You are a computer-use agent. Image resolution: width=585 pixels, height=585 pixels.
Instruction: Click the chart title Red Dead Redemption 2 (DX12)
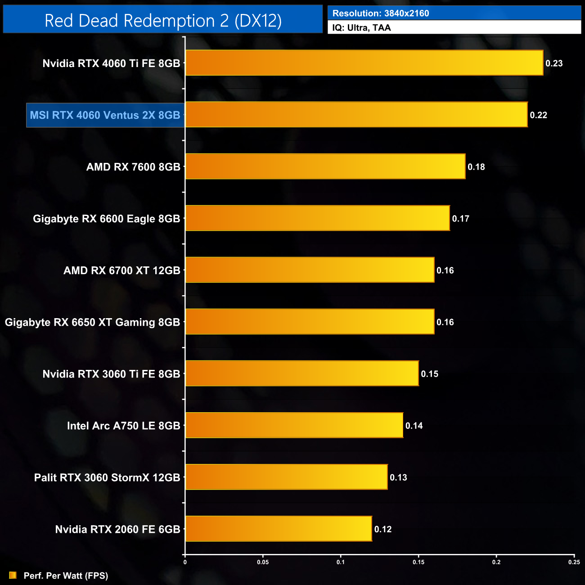pyautogui.click(x=163, y=21)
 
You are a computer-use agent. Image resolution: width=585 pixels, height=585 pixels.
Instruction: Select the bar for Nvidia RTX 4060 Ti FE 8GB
pyautogui.click(x=364, y=63)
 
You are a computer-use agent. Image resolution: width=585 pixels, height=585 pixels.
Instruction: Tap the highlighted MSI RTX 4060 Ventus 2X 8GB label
pyautogui.click(x=105, y=115)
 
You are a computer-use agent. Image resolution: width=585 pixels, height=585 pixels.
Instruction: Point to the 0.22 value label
pyautogui.click(x=538, y=115)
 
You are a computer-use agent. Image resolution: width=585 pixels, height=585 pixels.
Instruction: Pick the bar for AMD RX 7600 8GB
pyautogui.click(x=325, y=166)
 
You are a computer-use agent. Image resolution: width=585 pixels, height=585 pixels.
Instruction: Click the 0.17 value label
pyautogui.click(x=460, y=219)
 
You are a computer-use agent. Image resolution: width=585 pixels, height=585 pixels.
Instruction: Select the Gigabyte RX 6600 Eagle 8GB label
pyautogui.click(x=107, y=219)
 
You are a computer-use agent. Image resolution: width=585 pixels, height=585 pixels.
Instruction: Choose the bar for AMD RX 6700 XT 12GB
pyautogui.click(x=310, y=270)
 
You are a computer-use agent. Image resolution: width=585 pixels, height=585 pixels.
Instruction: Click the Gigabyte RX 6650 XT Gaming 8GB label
pyautogui.click(x=92, y=322)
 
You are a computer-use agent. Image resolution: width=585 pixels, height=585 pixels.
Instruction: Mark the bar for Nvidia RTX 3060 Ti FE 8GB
pyautogui.click(x=302, y=373)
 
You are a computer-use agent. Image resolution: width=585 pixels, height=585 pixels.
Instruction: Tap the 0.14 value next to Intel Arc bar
pyautogui.click(x=414, y=426)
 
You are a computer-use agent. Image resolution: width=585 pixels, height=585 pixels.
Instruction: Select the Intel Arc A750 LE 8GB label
pyautogui.click(x=123, y=426)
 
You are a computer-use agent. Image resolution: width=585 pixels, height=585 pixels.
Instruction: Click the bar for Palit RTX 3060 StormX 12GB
pyautogui.click(x=286, y=477)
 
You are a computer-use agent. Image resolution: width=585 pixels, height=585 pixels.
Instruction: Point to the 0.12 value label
pyautogui.click(x=383, y=529)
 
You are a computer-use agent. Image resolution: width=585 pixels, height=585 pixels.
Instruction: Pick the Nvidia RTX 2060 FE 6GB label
pyautogui.click(x=117, y=529)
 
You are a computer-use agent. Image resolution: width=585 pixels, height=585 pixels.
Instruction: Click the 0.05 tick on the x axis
pyautogui.click(x=263, y=562)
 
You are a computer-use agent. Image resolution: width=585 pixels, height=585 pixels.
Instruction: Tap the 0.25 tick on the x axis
pyautogui.click(x=574, y=562)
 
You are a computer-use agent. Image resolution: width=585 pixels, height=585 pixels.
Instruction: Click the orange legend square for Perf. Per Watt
pyautogui.click(x=13, y=576)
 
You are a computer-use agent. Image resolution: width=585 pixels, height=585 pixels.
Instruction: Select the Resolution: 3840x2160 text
pyautogui.click(x=381, y=13)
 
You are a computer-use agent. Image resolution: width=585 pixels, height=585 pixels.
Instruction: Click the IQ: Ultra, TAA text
pyautogui.click(x=361, y=28)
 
